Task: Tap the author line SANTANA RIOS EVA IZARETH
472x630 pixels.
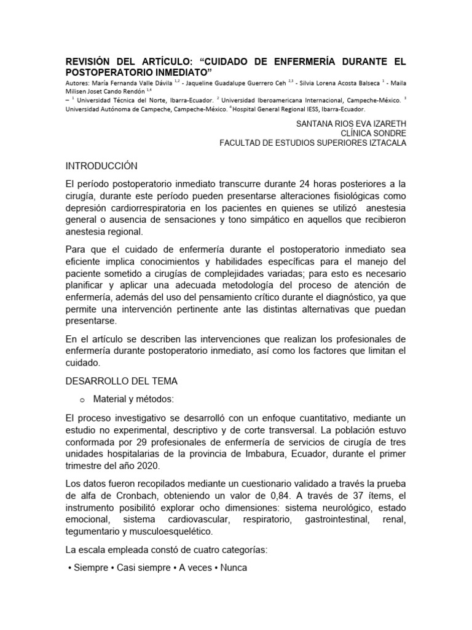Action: (351, 123)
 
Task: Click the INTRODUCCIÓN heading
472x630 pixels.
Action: (101, 166)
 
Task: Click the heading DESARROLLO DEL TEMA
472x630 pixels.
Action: (121, 381)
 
